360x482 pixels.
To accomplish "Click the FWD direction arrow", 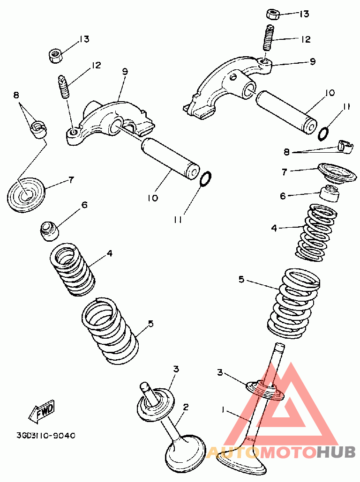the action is click(42, 411).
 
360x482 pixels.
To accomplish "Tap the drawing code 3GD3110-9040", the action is click(45, 436).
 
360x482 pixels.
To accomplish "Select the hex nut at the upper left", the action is click(55, 56).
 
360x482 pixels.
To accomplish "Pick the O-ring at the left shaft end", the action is click(205, 178).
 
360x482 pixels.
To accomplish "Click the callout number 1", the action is click(223, 410).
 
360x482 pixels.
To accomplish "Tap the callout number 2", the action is click(186, 408).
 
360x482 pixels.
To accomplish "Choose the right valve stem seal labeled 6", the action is click(330, 194).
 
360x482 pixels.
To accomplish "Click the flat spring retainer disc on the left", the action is click(26, 194).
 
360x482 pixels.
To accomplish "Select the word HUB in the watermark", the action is click(336, 452).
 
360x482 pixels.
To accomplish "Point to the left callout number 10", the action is click(153, 198).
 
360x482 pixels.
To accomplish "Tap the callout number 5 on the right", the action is click(241, 280).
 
